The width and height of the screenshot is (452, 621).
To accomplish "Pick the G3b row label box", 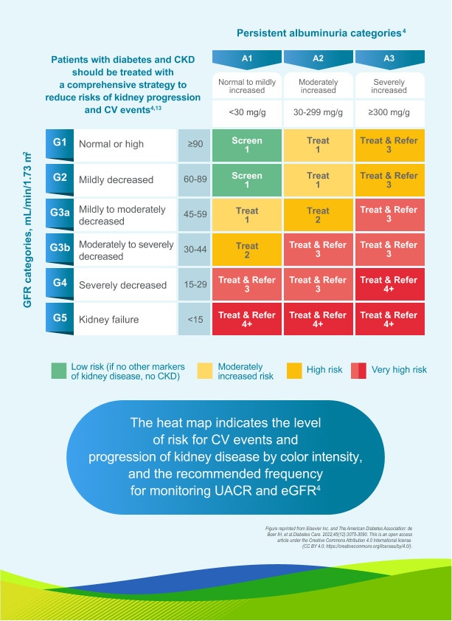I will [x=59, y=250].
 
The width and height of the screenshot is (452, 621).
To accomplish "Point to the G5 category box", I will [x=59, y=320].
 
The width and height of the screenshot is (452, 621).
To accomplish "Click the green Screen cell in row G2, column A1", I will [x=247, y=180].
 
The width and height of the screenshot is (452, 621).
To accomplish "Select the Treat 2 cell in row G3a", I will [x=318, y=215].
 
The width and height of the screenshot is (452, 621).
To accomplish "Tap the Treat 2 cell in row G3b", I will [x=247, y=250].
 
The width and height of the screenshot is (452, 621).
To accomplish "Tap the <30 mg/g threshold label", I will [x=247, y=112].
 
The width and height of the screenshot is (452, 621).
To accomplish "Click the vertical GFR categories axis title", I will [x=28, y=229].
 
